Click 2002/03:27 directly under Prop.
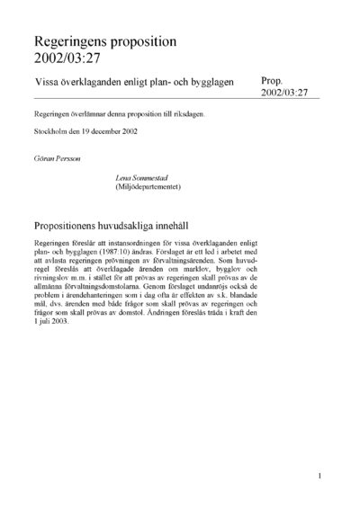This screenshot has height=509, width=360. [284, 93]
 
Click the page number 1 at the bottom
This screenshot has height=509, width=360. [320, 474]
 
